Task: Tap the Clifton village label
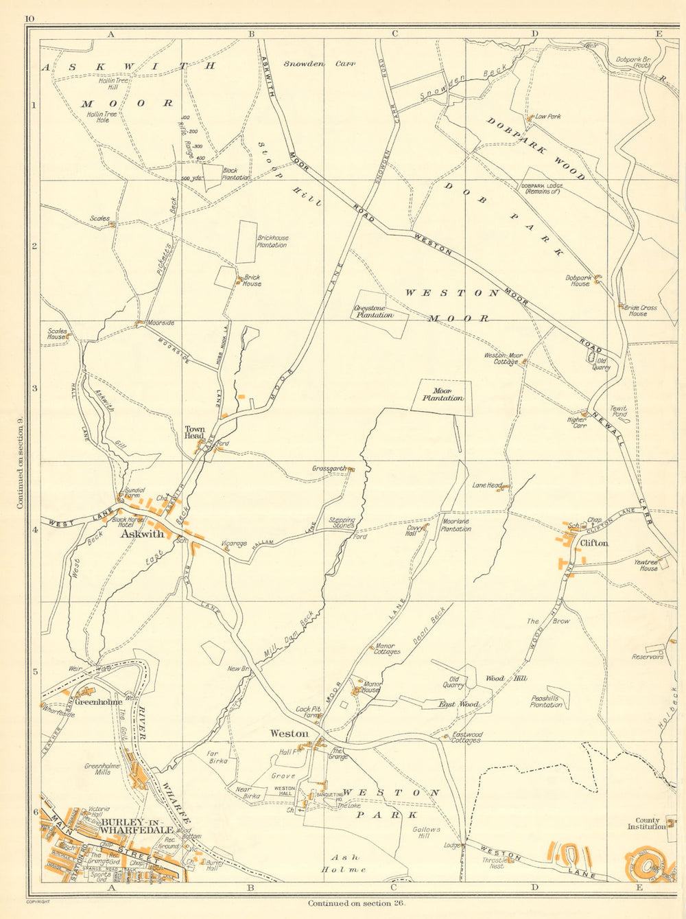pos(594,543)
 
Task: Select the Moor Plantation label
pos(442,395)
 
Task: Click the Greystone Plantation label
pos(374,312)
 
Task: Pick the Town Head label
pos(194,433)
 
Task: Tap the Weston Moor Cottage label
pos(504,358)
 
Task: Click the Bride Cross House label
pos(640,311)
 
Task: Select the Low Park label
pos(548,117)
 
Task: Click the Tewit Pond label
pos(618,412)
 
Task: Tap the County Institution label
pos(648,824)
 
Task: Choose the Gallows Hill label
pos(426,833)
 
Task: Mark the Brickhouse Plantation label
pos(272,242)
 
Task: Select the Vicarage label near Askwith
pos(234,544)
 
